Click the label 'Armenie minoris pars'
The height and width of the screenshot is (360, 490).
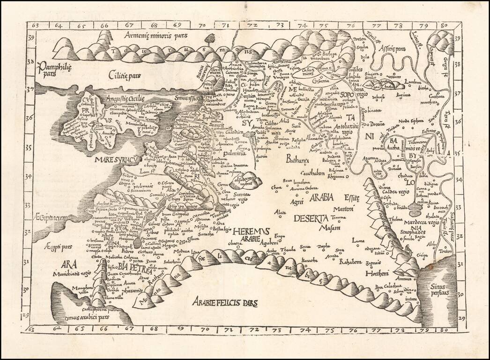point(156,35)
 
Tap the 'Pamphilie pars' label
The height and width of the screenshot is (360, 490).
point(55,69)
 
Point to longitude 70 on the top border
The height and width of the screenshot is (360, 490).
point(202,25)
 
